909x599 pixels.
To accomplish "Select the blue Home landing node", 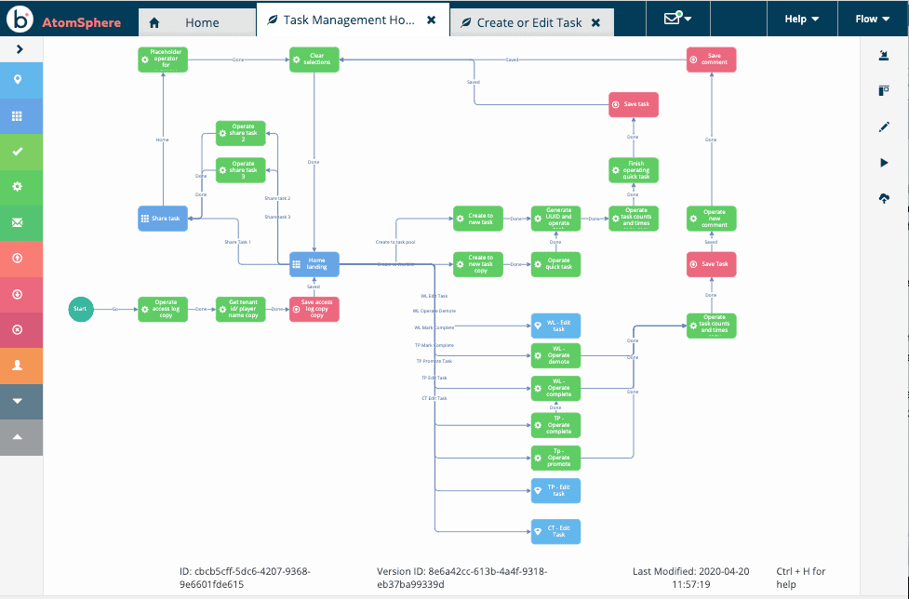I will tap(314, 264).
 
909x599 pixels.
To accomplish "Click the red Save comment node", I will tap(712, 60).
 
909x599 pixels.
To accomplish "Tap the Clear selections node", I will tap(314, 60).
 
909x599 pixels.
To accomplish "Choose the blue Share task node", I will tap(163, 218).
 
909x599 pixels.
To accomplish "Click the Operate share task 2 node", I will tap(240, 133).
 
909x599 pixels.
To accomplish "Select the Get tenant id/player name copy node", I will tap(240, 309).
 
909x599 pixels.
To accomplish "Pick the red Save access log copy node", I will tap(314, 309).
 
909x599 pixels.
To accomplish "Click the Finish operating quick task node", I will tap(634, 169).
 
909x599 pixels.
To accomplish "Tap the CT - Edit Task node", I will tap(555, 531).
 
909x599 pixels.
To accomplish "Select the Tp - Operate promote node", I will tap(555, 458).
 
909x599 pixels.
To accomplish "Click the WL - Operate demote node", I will tap(555, 355).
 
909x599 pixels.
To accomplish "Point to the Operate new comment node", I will tap(712, 218).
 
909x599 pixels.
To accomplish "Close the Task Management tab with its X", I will tap(432, 20).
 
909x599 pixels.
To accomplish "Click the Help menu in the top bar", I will tap(801, 19).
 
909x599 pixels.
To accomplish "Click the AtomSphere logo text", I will tap(82, 22).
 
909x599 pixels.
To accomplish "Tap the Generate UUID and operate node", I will tap(555, 218).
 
